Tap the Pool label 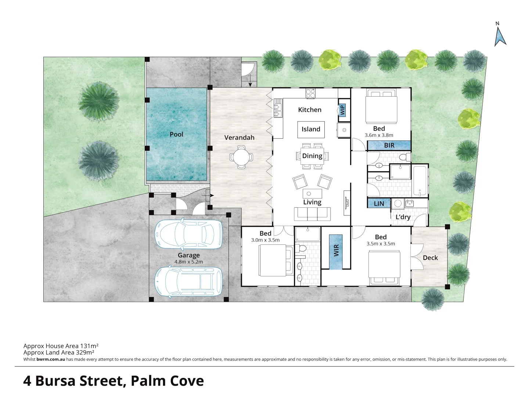pos(176,134)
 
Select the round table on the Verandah pos(241,157)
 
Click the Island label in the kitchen pos(311,129)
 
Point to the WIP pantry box pos(342,110)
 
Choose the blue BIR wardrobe pos(389,145)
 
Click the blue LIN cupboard pos(379,203)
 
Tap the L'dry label pos(403,217)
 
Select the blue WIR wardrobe pos(336,252)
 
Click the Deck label pos(430,258)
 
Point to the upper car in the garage pos(189,234)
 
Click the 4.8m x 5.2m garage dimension pos(189,262)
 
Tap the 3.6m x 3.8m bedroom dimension pos(379,135)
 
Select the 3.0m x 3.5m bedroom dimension pos(265,240)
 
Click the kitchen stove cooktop pos(311,94)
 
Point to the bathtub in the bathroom pos(420,181)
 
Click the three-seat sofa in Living pos(312,214)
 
